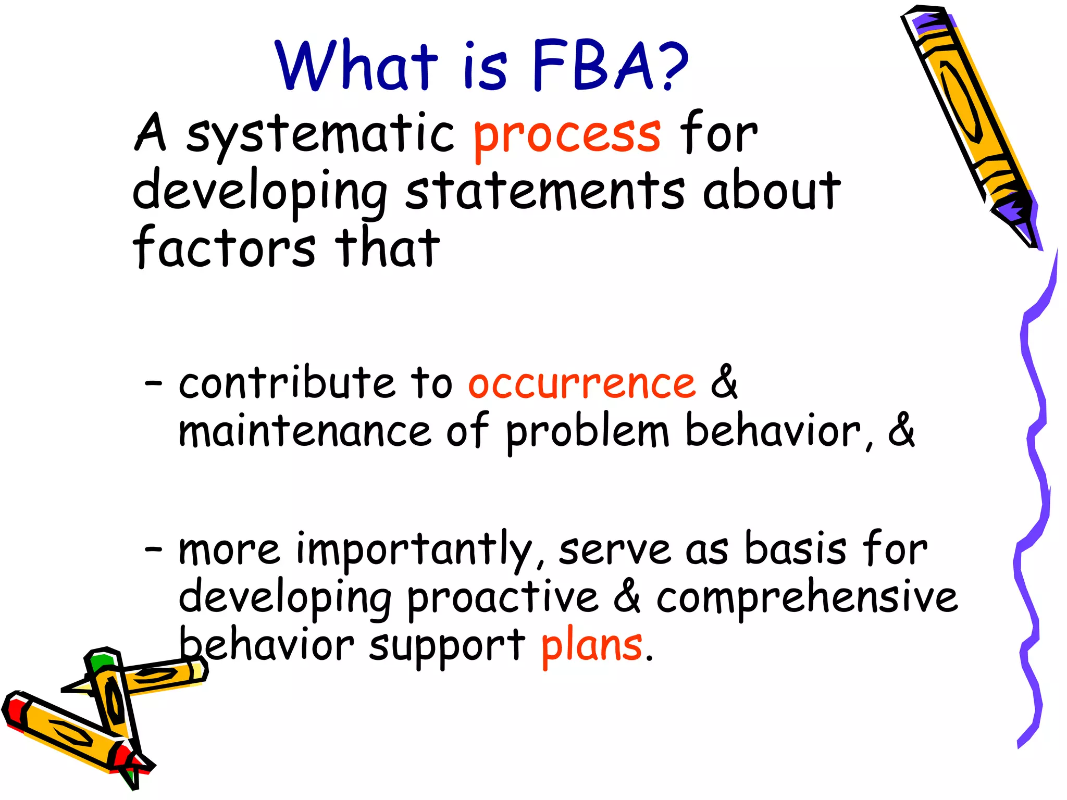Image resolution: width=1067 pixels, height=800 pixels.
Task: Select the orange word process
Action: click(x=567, y=135)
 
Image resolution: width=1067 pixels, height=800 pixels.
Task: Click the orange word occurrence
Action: click(x=582, y=384)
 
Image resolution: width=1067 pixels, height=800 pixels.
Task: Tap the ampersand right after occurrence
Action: click(x=724, y=382)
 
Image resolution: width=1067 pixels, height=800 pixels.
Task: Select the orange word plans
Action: click(x=592, y=646)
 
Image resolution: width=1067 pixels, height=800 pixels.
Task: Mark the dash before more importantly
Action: click(x=154, y=550)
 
